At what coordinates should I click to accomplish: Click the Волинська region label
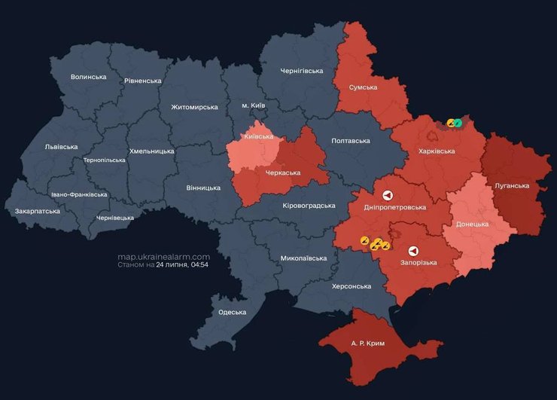click(88, 77)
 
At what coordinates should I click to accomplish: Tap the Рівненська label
click(143, 81)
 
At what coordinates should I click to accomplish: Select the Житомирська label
click(194, 107)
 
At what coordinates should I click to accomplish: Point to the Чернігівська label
click(301, 71)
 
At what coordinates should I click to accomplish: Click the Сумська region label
click(363, 87)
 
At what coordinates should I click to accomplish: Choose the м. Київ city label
click(253, 105)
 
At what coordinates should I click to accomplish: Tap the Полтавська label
click(350, 141)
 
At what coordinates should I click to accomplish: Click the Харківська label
click(437, 151)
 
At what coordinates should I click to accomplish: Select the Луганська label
click(512, 185)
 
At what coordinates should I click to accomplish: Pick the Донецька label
click(472, 224)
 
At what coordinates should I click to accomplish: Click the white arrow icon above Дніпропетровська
click(388, 194)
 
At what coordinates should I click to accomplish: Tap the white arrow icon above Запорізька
click(413, 251)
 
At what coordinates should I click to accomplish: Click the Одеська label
click(232, 312)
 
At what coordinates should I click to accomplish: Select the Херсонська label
click(352, 286)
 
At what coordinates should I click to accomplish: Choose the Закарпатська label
click(37, 212)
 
